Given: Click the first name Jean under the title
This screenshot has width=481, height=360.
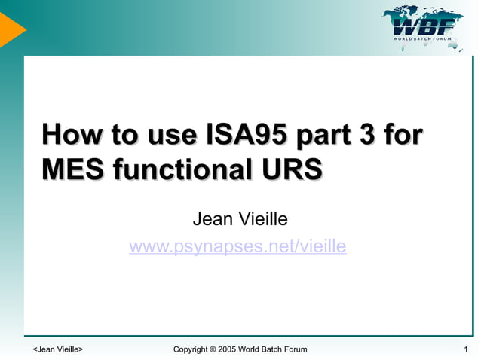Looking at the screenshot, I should click(x=212, y=219).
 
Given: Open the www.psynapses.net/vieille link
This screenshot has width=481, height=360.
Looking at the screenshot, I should click(x=237, y=246).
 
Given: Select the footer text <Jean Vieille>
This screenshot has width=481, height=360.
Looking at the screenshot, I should click(x=58, y=349).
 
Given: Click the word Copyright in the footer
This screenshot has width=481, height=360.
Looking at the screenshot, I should click(x=190, y=349).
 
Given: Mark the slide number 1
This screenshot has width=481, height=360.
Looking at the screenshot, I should click(x=467, y=349).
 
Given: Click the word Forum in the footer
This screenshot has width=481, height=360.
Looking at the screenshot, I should click(x=293, y=349).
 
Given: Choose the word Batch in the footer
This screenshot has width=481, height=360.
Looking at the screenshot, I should click(x=268, y=349).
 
